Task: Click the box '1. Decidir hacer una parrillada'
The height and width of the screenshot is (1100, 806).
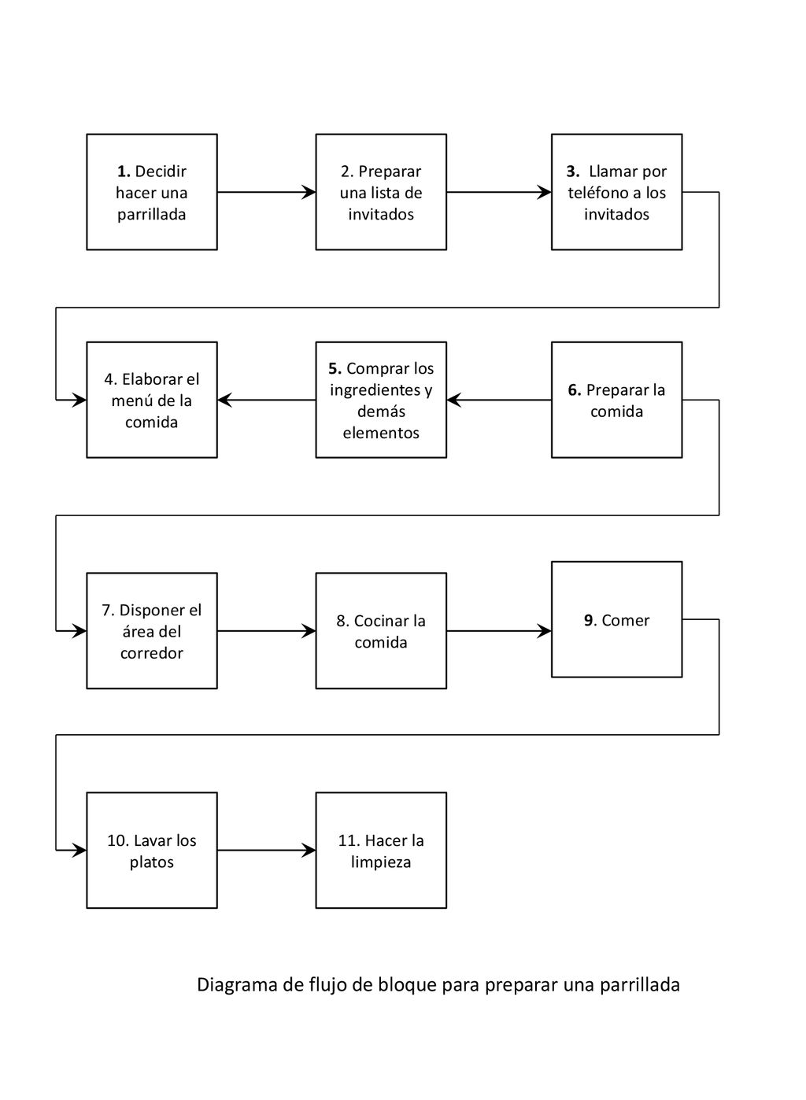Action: pyautogui.click(x=152, y=192)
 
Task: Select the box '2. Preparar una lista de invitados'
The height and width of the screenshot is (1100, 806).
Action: pyautogui.click(x=381, y=192)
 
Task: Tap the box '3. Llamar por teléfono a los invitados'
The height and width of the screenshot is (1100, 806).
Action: pyautogui.click(x=616, y=192)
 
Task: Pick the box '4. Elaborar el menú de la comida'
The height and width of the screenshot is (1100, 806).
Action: pyautogui.click(x=152, y=400)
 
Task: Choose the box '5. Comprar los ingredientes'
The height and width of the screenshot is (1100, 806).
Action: pyautogui.click(x=381, y=400)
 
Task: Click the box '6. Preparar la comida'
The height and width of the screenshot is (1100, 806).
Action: pyautogui.click(x=616, y=400)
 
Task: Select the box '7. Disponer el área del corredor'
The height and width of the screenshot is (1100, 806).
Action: pyautogui.click(x=152, y=630)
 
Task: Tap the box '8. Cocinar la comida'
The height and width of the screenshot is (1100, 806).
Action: pyautogui.click(x=381, y=630)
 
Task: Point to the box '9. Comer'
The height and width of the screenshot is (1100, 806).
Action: pyautogui.click(x=616, y=619)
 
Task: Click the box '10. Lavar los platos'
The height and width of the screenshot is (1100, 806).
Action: pyautogui.click(x=152, y=850)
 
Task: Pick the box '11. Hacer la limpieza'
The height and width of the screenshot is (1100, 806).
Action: pyautogui.click(x=381, y=850)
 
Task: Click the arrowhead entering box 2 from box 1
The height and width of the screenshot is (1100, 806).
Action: pyautogui.click(x=309, y=192)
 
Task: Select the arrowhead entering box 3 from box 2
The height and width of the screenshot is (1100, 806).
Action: pyautogui.click(x=544, y=192)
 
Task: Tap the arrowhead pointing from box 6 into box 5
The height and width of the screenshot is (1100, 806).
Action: pyautogui.click(x=454, y=400)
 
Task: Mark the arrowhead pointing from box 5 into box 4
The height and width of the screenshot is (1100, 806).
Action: pyautogui.click(x=225, y=400)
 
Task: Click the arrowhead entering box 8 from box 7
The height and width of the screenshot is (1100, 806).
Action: pyautogui.click(x=309, y=630)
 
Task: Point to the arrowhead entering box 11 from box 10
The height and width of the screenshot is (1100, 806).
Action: pyautogui.click(x=309, y=850)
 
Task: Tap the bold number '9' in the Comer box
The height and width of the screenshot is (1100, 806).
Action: pyautogui.click(x=589, y=620)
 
